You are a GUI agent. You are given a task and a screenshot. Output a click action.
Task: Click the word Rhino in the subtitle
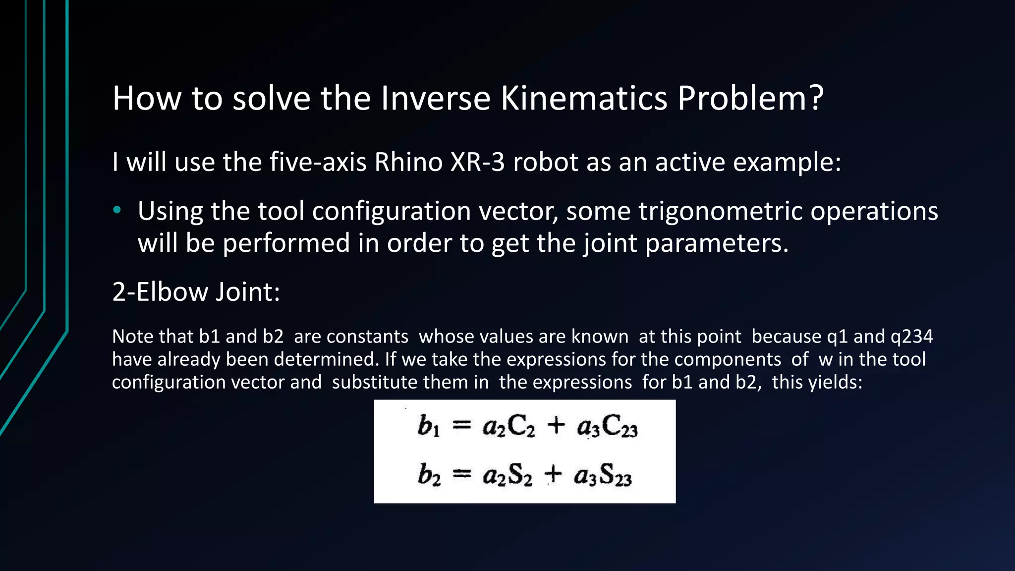point(408,162)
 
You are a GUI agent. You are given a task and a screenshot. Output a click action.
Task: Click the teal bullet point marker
point(117,210)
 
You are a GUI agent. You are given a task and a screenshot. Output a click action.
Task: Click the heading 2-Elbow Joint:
point(196,291)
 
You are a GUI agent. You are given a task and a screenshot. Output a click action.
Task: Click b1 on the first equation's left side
point(428,426)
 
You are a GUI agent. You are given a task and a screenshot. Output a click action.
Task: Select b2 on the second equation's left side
point(429,475)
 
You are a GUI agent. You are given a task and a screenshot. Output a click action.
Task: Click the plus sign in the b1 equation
point(556,425)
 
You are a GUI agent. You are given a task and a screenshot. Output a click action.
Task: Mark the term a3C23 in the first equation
point(607,427)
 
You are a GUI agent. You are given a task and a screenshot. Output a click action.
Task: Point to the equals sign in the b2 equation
point(461,474)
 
